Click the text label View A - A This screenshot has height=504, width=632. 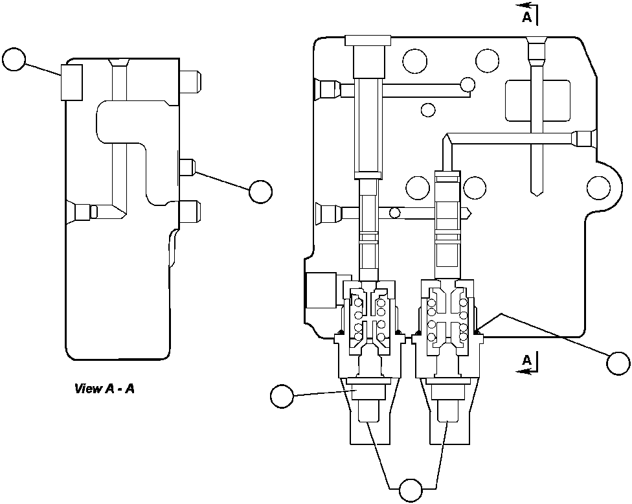click(104, 389)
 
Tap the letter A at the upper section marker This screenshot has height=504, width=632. click(527, 18)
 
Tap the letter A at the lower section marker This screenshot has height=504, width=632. click(527, 360)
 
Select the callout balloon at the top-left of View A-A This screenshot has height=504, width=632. click(14, 60)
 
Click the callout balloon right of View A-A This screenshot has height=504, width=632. click(260, 190)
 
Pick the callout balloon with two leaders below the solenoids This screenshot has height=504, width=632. click(410, 490)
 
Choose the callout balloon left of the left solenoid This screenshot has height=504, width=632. click(282, 396)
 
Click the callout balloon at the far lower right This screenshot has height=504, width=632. click(618, 363)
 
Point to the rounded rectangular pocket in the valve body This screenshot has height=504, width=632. click(537, 100)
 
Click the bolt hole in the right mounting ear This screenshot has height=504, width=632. click(598, 188)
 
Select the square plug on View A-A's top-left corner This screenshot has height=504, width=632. click(71, 82)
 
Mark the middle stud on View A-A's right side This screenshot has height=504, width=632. click(186, 167)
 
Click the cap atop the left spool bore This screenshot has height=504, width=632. click(367, 40)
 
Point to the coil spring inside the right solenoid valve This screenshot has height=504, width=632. click(447, 317)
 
